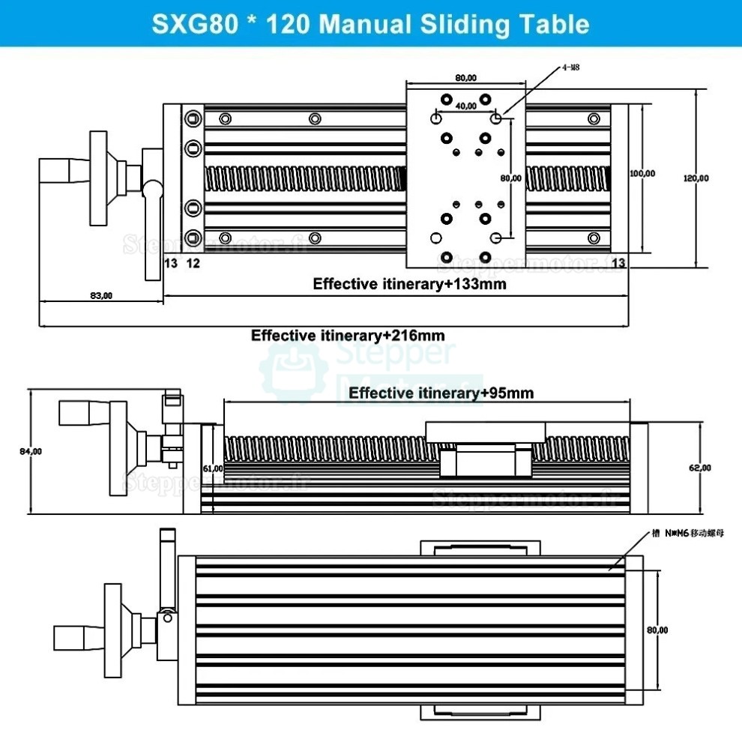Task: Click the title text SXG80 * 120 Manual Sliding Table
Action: (370, 23)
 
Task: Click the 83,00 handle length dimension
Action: (100, 295)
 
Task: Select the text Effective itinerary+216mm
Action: (352, 335)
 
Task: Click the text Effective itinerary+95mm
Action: (441, 393)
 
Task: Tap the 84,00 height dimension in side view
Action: (31, 451)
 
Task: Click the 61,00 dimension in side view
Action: (213, 468)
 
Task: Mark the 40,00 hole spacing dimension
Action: (465, 106)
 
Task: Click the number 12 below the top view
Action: (193, 262)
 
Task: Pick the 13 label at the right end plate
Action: (618, 262)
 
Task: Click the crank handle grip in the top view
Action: (64, 172)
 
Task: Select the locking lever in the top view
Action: (154, 225)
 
